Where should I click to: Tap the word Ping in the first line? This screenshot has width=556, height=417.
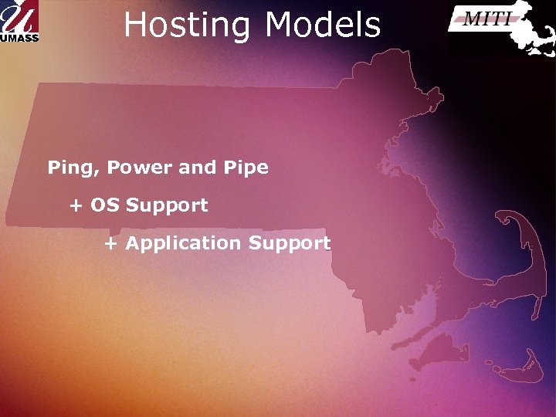pyautogui.click(x=73, y=168)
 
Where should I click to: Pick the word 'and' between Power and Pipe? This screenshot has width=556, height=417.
pyautogui.click(x=197, y=168)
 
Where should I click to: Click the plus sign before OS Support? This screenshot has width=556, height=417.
pyautogui.click(x=76, y=206)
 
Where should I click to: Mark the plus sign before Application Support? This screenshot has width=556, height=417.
pyautogui.click(x=111, y=244)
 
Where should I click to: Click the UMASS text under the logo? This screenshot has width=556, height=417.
pyautogui.click(x=19, y=36)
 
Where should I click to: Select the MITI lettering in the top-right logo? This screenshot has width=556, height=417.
pyautogui.click(x=486, y=19)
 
